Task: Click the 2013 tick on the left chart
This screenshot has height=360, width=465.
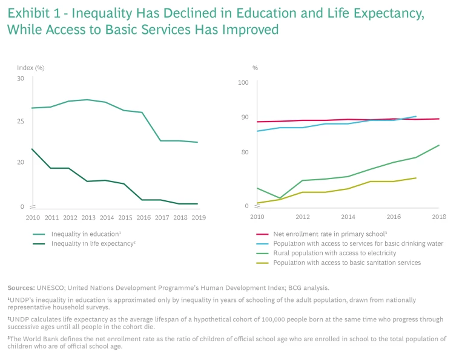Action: coord(88,217)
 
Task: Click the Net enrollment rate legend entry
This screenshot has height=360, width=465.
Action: coord(329,234)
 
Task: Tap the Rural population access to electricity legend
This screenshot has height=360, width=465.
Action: coord(334,253)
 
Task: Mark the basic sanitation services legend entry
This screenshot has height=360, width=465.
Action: coord(347,263)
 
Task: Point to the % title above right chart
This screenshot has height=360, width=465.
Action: coord(255,68)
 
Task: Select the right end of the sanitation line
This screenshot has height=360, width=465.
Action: coord(416,178)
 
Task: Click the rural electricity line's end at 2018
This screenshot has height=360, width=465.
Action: coord(439,145)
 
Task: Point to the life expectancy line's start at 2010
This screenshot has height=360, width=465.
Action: coord(32,149)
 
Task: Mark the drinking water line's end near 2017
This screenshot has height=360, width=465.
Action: coord(416,116)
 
